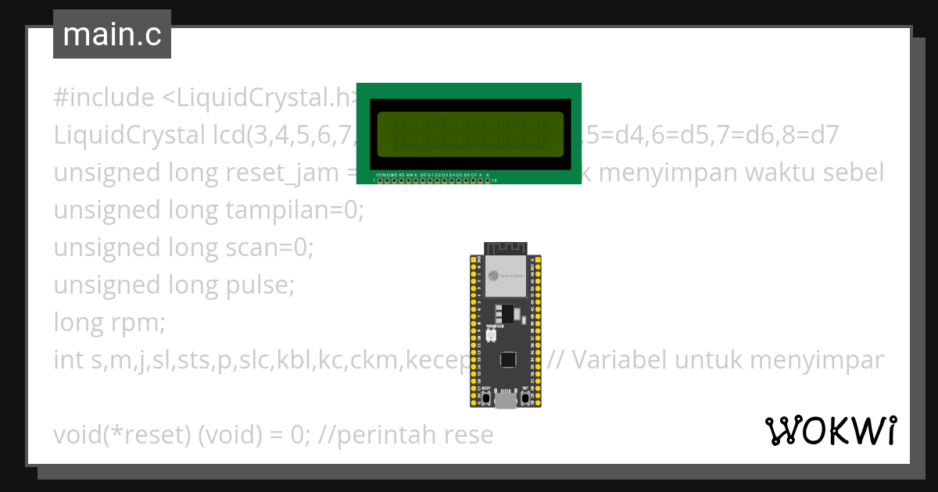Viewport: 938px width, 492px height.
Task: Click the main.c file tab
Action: click(112, 35)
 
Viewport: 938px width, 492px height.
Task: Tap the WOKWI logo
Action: click(830, 430)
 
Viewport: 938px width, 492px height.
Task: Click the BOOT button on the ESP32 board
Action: click(486, 398)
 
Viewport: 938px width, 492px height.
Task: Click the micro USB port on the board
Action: click(505, 400)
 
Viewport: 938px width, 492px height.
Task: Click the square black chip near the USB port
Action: click(509, 359)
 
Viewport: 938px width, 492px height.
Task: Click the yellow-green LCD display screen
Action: click(470, 134)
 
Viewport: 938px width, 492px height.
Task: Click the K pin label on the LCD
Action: click(488, 174)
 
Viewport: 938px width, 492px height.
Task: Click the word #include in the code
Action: click(104, 98)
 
